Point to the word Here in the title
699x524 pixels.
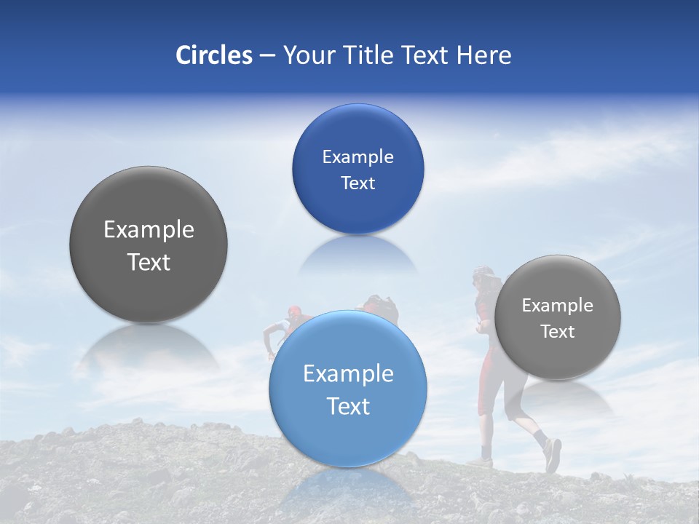[483, 55]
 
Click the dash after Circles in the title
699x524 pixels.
[266, 56]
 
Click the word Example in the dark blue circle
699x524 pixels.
[358, 156]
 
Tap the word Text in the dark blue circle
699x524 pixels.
[358, 183]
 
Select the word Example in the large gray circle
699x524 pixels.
[149, 230]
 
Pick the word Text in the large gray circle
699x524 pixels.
[149, 262]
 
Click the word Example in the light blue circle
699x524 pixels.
[348, 374]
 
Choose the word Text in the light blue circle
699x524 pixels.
[348, 406]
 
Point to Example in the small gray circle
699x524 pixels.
[557, 306]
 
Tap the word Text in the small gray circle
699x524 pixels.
[557, 332]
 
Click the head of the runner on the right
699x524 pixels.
[482, 276]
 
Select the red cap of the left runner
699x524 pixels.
[293, 312]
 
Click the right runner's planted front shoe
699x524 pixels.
[481, 462]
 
